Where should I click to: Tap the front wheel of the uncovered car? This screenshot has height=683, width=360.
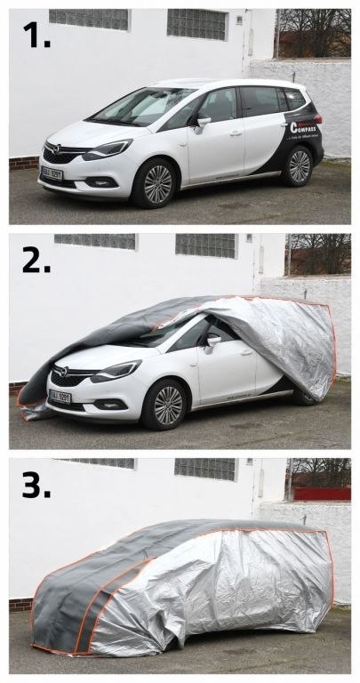pos(157,183)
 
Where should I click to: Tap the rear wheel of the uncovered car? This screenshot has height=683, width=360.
pos(299,166)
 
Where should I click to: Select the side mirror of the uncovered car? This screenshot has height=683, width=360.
pos(204,121)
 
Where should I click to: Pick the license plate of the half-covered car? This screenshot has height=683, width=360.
pos(60,397)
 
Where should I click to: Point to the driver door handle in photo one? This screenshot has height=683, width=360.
pos(236,133)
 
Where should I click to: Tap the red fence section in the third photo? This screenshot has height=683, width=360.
pos(322,494)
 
